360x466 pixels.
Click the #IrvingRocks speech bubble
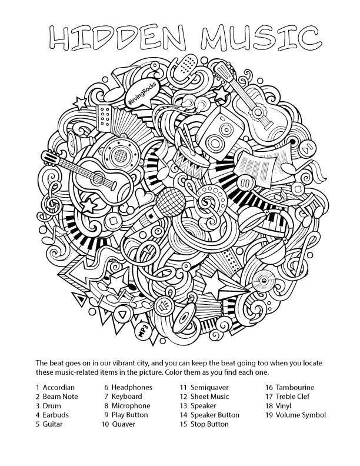pyautogui.click(x=142, y=92)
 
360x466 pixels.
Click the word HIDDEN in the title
pyautogui.click(x=118, y=38)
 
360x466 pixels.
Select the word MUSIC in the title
pyautogui.click(x=261, y=38)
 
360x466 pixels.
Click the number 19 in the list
pyautogui.click(x=269, y=415)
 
